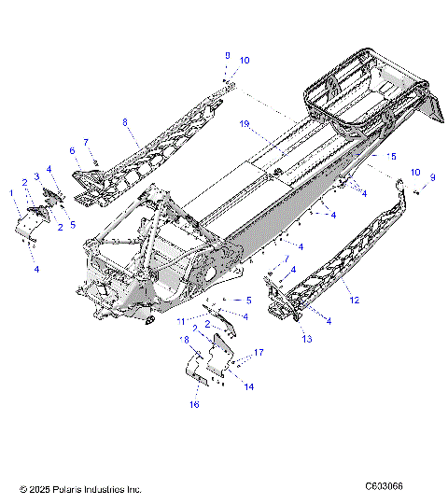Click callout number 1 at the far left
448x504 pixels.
pyautogui.click(x=11, y=193)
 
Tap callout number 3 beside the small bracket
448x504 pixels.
pyautogui.click(x=36, y=175)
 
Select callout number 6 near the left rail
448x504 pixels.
pyautogui.click(x=72, y=149)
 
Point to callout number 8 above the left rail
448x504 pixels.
pyautogui.click(x=124, y=122)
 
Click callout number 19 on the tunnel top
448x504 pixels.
pyautogui.click(x=244, y=123)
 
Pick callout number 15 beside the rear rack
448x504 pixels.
pyautogui.click(x=392, y=156)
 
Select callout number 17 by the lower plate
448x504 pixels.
pyautogui.click(x=259, y=352)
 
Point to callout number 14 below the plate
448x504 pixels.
pyautogui.click(x=248, y=385)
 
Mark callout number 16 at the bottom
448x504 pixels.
pyautogui.click(x=194, y=405)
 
